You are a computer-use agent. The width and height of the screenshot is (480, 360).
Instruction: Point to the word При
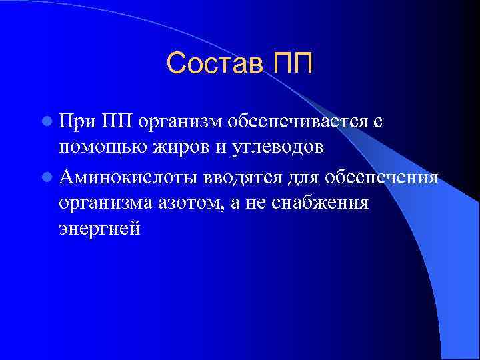(77, 122)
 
